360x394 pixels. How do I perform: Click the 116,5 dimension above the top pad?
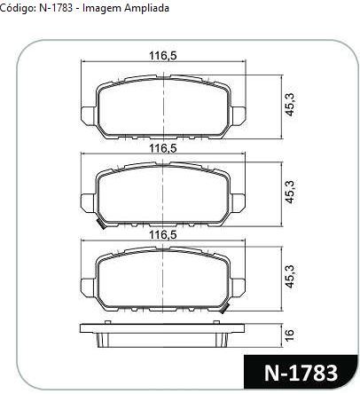163,55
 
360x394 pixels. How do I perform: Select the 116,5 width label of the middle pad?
163,148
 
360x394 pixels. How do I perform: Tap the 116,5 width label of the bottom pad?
163,235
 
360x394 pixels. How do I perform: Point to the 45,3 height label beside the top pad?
289,105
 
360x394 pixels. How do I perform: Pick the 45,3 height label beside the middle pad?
289,192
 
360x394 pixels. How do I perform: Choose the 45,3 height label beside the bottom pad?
289,276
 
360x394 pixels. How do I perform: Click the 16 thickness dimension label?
290,335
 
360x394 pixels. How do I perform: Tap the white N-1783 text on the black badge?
301,373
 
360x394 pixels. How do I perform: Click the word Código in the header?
18,8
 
